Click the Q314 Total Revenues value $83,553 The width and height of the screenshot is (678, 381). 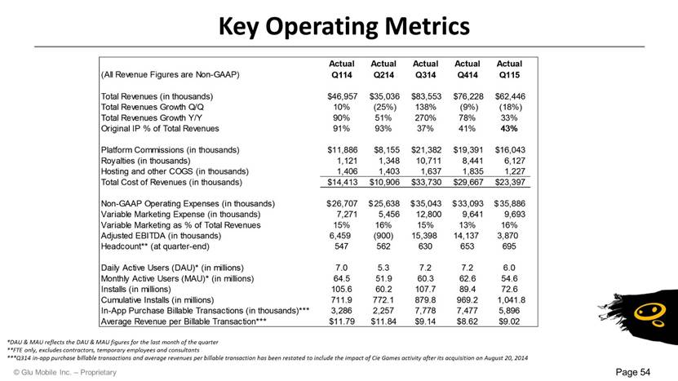point(426,96)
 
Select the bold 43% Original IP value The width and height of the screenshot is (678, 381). point(509,128)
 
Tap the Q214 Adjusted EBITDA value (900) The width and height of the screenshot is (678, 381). point(383,236)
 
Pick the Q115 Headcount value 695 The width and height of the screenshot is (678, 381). point(509,246)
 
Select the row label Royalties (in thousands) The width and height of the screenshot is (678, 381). point(146,161)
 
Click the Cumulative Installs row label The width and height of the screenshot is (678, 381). point(157,300)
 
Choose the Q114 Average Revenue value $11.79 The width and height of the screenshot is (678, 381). point(342,321)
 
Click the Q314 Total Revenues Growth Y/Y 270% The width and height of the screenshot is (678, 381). point(425,117)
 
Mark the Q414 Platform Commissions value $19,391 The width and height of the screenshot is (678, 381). point(468,150)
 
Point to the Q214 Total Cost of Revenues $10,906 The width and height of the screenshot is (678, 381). point(384,182)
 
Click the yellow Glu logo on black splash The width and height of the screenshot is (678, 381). point(649,314)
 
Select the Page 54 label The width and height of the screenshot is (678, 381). point(633,372)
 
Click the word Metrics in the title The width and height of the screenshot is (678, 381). point(428,26)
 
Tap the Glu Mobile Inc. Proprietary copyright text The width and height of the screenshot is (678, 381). point(64,372)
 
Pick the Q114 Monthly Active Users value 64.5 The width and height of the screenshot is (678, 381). point(342,278)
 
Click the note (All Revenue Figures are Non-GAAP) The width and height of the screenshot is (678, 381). point(170,74)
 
